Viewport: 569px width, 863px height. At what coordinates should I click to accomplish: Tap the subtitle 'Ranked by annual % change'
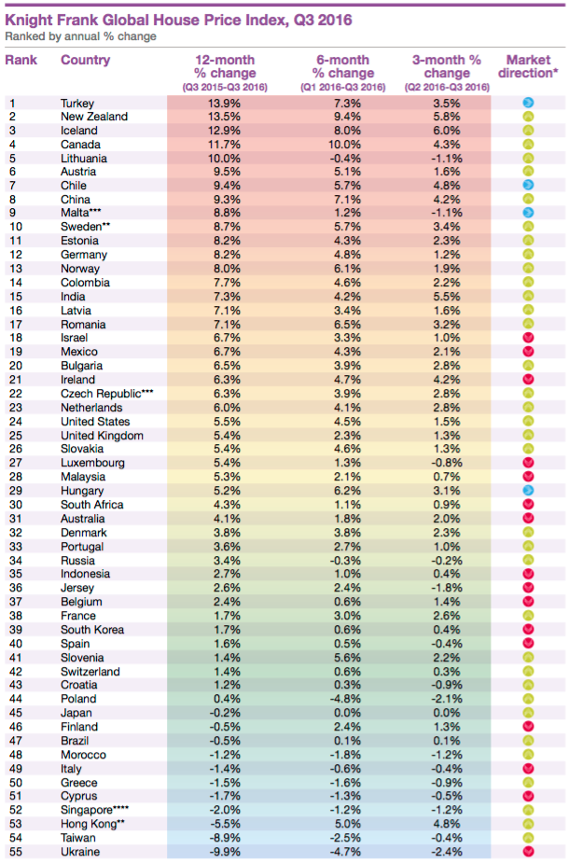click(x=80, y=36)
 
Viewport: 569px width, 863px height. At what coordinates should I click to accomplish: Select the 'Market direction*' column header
click(x=528, y=66)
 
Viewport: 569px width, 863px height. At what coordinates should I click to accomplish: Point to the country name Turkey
click(x=77, y=104)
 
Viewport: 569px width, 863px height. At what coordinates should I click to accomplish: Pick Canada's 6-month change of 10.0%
click(x=344, y=145)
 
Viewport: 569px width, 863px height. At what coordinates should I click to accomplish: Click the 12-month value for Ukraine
click(x=225, y=852)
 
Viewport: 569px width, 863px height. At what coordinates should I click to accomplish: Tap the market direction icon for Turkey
click(x=528, y=103)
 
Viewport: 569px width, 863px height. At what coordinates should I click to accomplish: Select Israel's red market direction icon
click(x=528, y=338)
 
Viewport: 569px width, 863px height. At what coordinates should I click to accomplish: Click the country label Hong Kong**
click(x=92, y=824)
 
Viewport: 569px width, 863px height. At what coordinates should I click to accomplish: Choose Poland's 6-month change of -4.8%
click(x=344, y=699)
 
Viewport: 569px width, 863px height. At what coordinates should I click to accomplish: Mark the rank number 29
click(x=16, y=491)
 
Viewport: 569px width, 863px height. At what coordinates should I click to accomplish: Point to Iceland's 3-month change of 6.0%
click(x=447, y=131)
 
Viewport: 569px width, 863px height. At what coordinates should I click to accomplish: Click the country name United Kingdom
click(x=102, y=436)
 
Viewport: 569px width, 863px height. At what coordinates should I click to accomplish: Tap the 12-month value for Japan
click(x=225, y=713)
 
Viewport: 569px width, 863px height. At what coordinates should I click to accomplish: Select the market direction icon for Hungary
click(x=528, y=490)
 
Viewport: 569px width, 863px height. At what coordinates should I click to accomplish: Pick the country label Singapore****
click(x=94, y=810)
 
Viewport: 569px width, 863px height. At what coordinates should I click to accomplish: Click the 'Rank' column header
click(x=21, y=60)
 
